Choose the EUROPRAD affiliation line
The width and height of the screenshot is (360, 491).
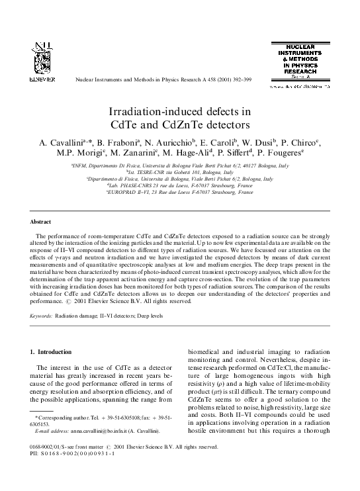click(x=180, y=192)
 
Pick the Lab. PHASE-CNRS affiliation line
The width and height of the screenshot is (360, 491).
click(x=180, y=185)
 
